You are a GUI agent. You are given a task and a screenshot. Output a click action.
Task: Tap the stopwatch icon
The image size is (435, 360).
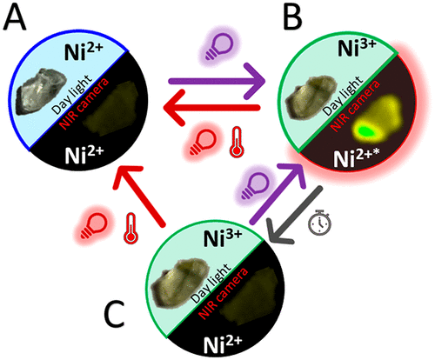[x=320, y=222]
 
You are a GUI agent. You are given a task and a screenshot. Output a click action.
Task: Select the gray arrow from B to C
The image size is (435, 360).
[x=296, y=215]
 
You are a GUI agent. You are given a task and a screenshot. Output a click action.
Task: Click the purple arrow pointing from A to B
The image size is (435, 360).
[x=217, y=80]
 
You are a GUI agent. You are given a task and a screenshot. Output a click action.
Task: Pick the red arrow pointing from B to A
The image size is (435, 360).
[x=211, y=108]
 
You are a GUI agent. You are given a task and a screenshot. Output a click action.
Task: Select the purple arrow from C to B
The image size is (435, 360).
[x=277, y=193]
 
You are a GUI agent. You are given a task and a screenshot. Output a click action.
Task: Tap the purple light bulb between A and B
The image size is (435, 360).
[x=220, y=46]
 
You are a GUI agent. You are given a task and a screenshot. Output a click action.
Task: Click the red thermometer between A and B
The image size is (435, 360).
[x=237, y=142]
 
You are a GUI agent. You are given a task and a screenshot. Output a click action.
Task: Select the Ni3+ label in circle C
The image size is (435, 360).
[x=223, y=237]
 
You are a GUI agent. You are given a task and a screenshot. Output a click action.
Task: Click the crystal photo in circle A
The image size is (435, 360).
[x=42, y=90]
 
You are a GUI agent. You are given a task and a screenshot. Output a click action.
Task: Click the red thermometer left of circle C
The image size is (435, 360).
[x=131, y=228]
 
